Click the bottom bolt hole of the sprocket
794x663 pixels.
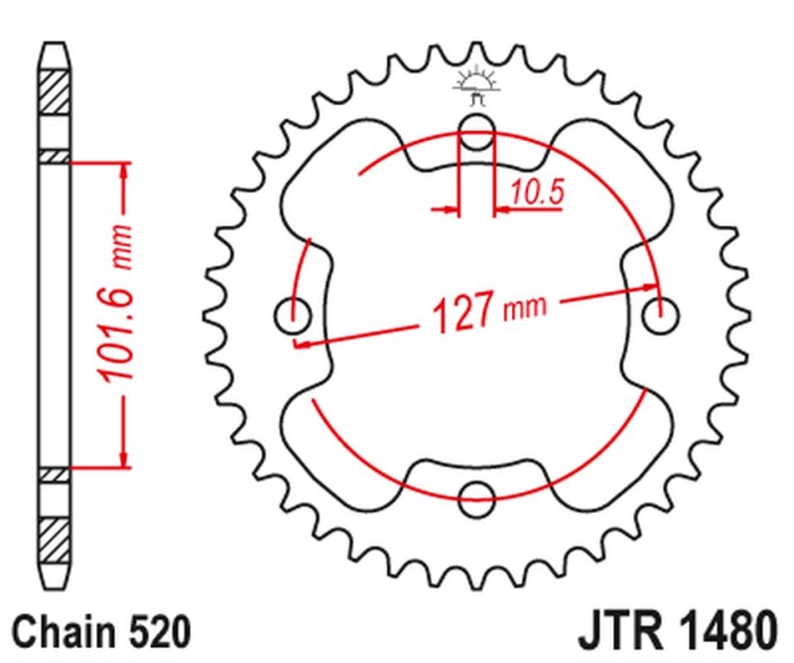click(477, 497)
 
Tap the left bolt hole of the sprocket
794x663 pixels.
click(293, 318)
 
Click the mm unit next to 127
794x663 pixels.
click(524, 309)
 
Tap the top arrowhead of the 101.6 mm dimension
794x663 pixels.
click(124, 170)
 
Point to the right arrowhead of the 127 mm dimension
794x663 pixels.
click(650, 291)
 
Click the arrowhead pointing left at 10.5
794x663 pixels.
click(500, 209)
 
